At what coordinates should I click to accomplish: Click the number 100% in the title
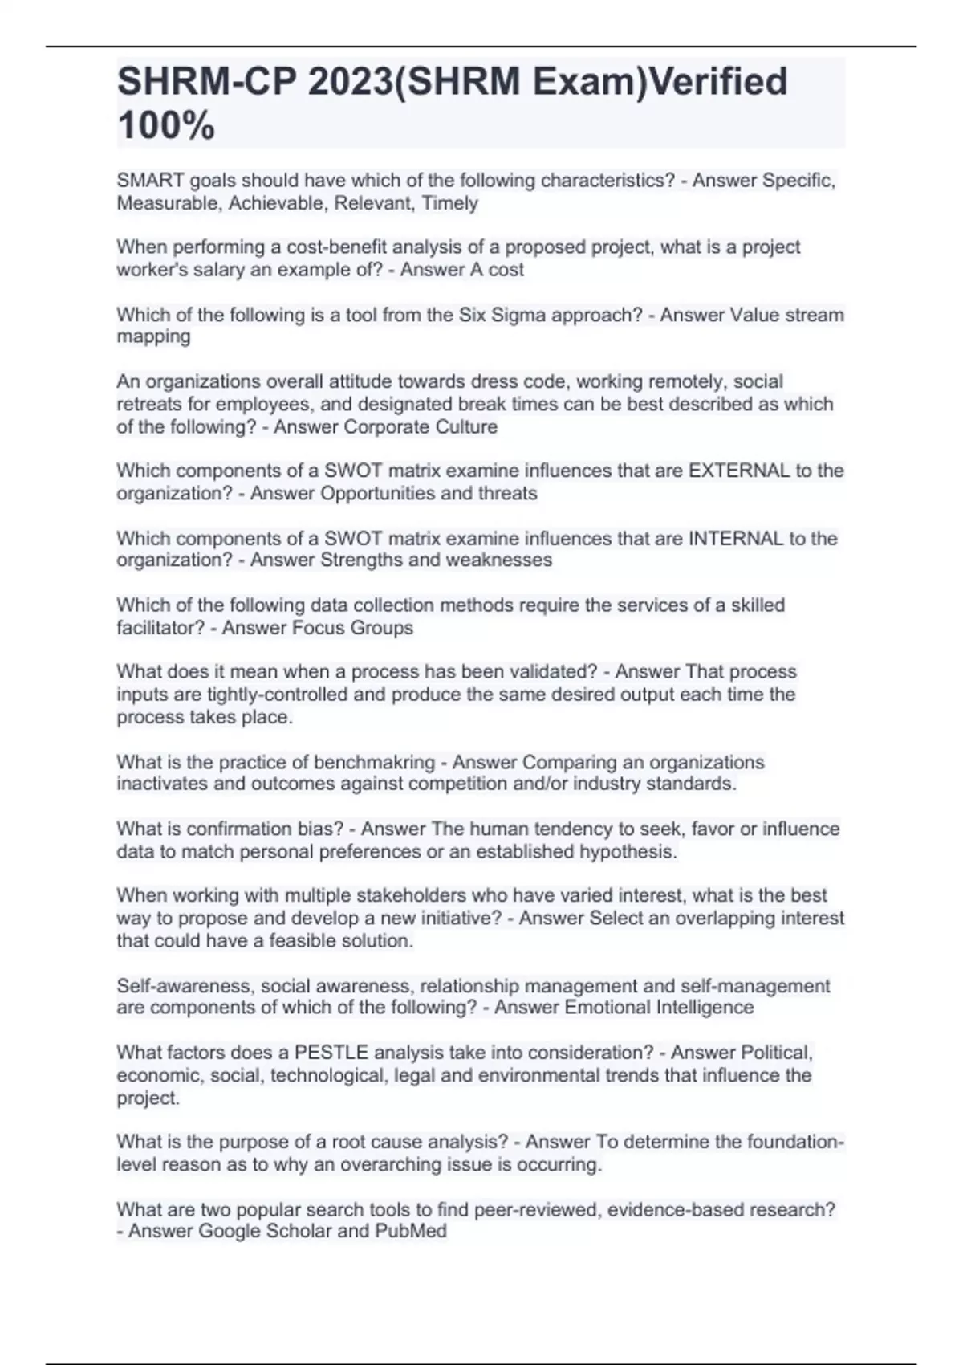click(x=166, y=126)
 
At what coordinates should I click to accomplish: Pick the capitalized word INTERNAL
click(x=736, y=538)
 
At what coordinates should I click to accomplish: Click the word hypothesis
click(x=628, y=851)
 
